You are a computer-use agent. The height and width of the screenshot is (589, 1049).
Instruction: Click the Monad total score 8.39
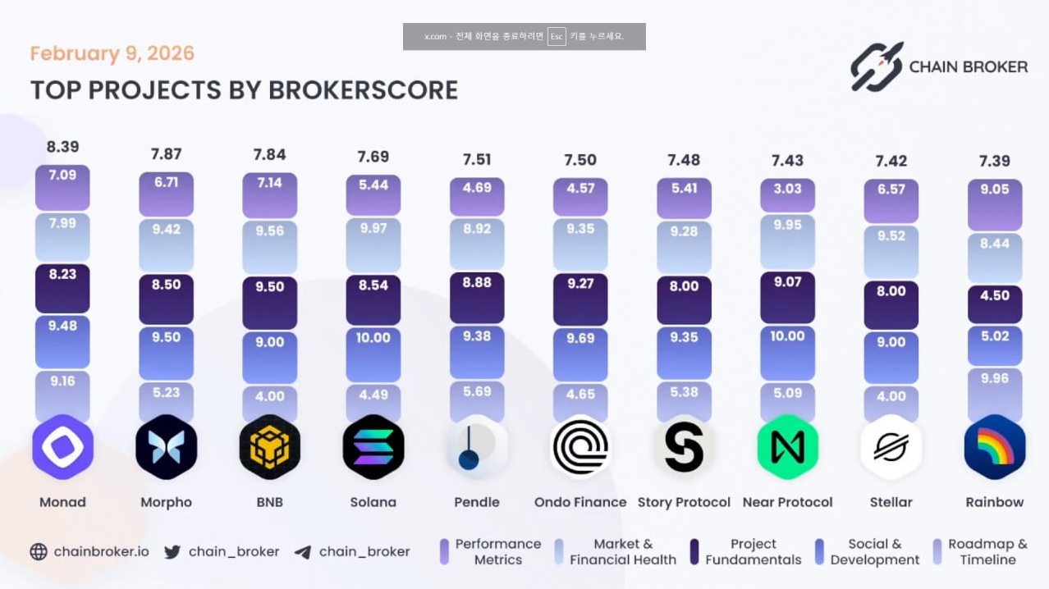[x=62, y=147]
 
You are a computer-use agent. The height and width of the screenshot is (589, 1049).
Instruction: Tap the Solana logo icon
[x=373, y=447]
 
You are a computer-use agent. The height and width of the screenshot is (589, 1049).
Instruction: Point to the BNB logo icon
[x=270, y=447]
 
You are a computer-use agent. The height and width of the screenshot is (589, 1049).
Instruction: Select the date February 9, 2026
[x=112, y=54]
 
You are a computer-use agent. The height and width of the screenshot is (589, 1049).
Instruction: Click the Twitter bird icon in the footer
[x=172, y=552]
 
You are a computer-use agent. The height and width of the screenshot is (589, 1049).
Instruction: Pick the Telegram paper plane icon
[x=303, y=552]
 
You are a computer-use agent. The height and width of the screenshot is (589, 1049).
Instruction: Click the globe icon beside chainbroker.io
[x=39, y=552]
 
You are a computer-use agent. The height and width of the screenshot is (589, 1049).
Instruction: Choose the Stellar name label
[x=891, y=502]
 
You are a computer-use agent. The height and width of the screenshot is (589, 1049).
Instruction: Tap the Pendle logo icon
[x=477, y=447]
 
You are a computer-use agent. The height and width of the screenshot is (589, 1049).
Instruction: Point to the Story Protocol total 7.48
[x=684, y=160]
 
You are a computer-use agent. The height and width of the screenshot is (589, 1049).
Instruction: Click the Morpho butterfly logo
[x=167, y=447]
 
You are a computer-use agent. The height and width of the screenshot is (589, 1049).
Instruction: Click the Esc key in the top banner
[x=557, y=36]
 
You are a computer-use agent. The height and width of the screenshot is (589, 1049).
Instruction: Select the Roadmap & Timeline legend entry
[x=980, y=552]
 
